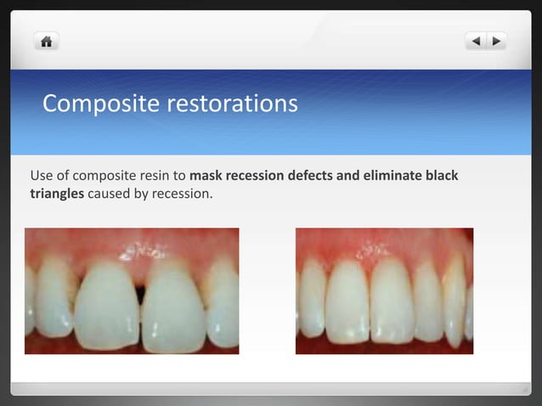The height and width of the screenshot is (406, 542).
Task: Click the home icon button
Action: point(46,41)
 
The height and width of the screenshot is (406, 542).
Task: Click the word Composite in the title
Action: point(101,104)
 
